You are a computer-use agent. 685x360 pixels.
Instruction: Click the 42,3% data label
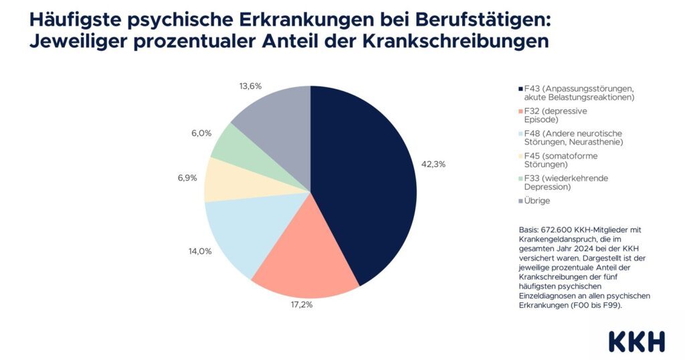pyautogui.click(x=432, y=163)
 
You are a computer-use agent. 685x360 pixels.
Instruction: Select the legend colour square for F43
pyautogui.click(x=520, y=89)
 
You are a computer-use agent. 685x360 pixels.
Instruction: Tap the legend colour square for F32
pyautogui.click(x=520, y=111)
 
